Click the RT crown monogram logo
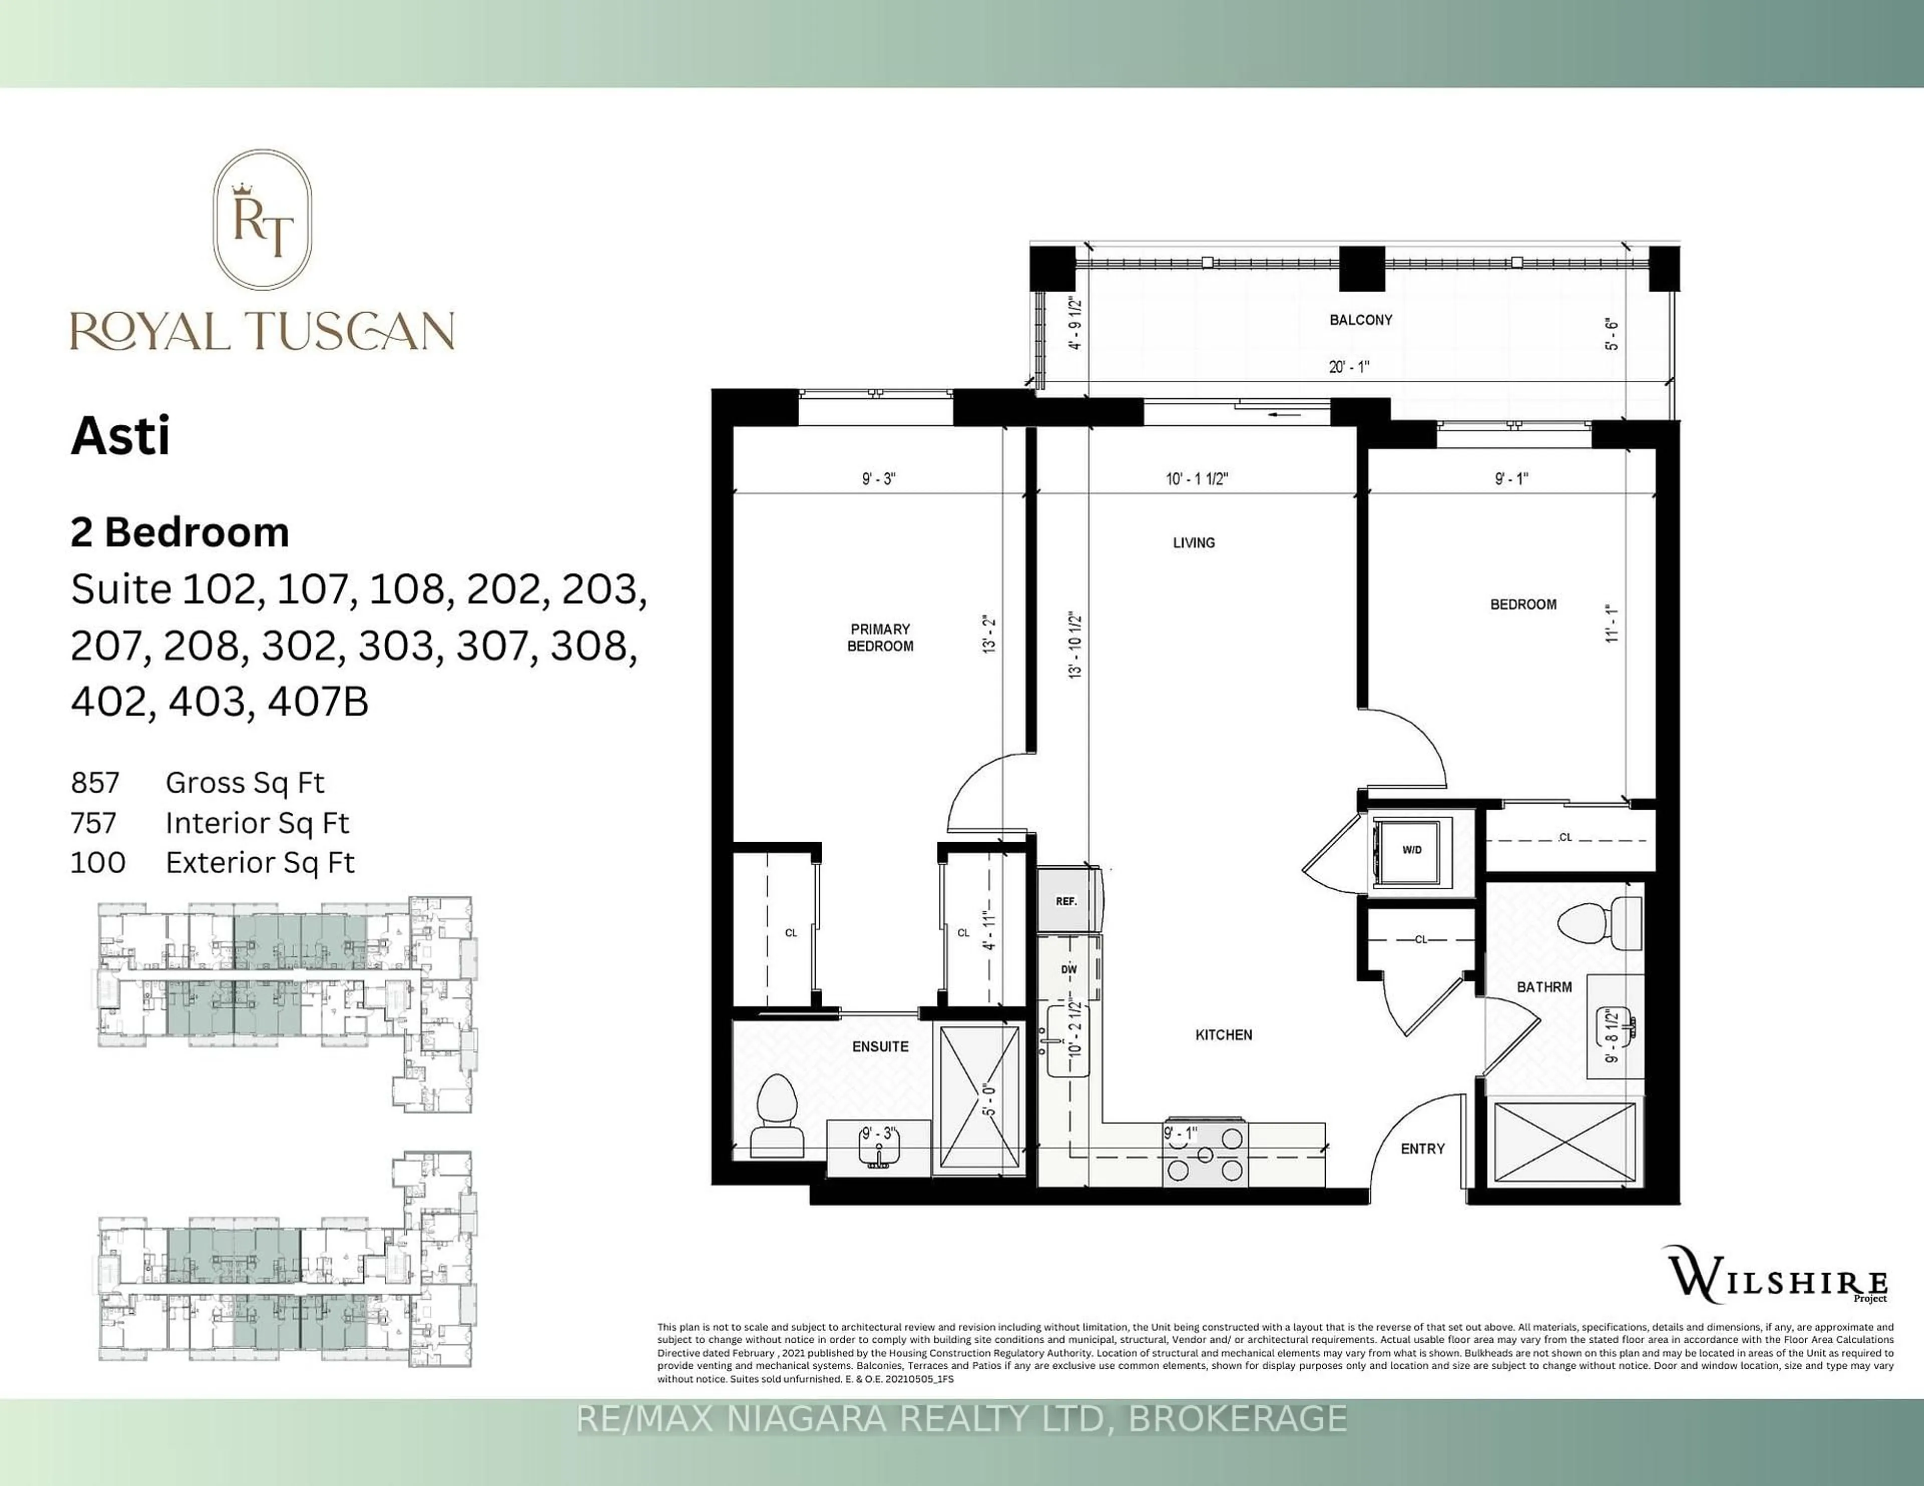(x=263, y=219)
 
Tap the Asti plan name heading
(x=121, y=436)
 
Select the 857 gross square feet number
(x=95, y=782)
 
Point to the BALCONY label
(x=1360, y=320)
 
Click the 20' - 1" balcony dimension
(x=1349, y=366)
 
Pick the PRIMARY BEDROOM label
(x=879, y=637)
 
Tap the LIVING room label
(x=1193, y=543)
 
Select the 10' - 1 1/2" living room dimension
(x=1196, y=478)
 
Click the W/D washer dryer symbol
(x=1411, y=849)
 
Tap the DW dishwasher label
(x=1069, y=969)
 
